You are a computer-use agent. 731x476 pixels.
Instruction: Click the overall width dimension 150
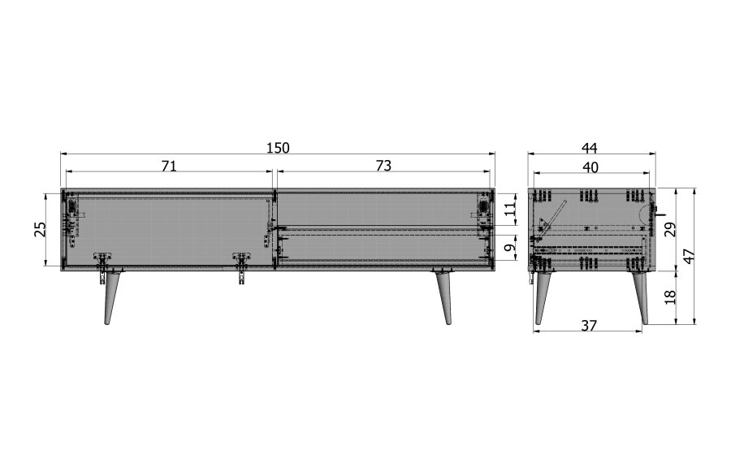[x=278, y=148]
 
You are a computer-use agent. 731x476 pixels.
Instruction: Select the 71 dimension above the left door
[x=169, y=166]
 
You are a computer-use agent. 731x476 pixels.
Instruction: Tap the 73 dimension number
[x=383, y=166]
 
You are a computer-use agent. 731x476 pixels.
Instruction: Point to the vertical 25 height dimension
[x=40, y=229]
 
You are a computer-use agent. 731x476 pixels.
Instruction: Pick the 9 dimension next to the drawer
[x=509, y=249]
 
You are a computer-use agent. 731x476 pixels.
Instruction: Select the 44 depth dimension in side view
[x=590, y=148]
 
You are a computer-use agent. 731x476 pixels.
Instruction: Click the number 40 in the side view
[x=590, y=167]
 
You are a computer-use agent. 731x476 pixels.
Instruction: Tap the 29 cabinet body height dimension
[x=669, y=229]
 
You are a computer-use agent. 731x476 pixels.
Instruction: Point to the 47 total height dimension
[x=688, y=256]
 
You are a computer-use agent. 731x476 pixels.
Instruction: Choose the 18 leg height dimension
[x=669, y=297]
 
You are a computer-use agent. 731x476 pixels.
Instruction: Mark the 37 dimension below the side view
[x=589, y=325]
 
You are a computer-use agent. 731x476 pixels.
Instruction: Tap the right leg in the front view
[x=444, y=297]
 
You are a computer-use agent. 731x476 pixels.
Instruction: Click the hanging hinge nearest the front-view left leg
[x=102, y=266]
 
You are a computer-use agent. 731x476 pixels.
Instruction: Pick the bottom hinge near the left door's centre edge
[x=241, y=266]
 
